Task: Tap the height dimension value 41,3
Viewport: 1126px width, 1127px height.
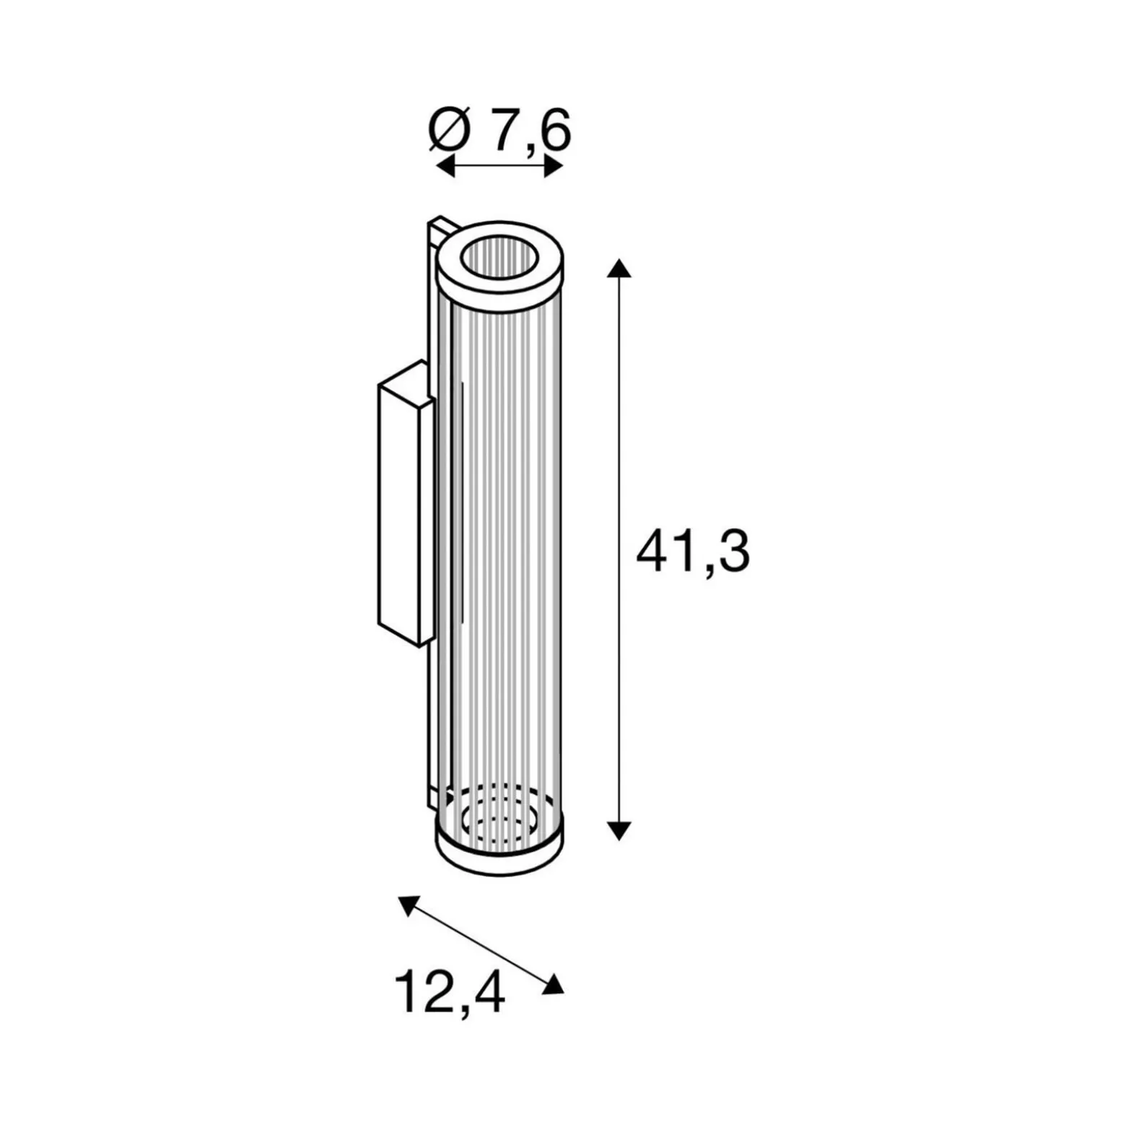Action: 693,552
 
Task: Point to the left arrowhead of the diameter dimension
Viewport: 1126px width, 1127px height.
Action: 445,167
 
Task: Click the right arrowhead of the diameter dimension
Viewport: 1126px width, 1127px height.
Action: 554,167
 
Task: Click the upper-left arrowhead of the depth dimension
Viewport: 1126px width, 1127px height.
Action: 408,905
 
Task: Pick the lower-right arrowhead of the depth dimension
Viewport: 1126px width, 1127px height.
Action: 554,984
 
